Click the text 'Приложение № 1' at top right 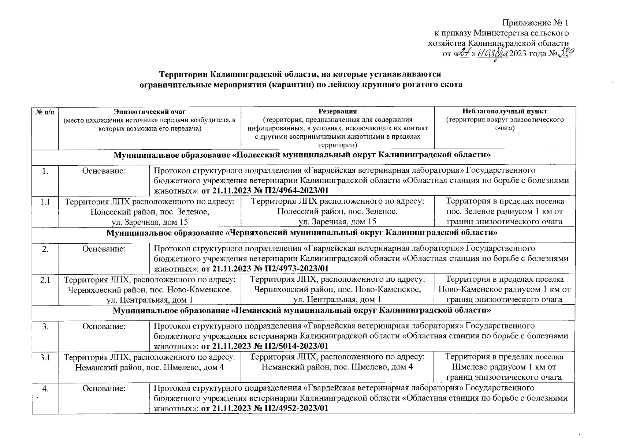[x=535, y=23]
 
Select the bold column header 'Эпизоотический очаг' [x=150, y=111]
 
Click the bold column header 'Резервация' [x=337, y=111]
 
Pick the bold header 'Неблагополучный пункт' [x=505, y=111]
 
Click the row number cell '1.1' [x=45, y=202]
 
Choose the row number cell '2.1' [x=45, y=279]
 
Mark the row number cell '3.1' [x=45, y=357]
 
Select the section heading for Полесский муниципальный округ [x=302, y=155]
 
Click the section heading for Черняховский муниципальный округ [x=302, y=233]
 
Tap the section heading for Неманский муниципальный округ [x=302, y=311]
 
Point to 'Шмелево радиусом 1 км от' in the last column [x=504, y=367]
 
